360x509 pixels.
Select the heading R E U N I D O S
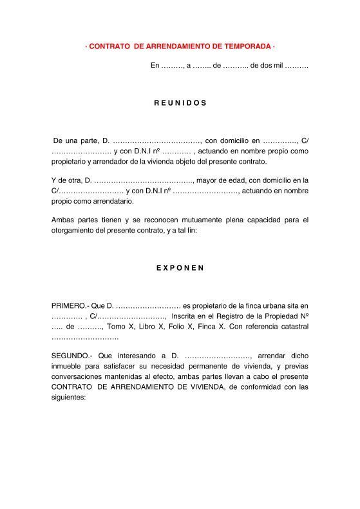180,102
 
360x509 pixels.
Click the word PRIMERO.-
68,305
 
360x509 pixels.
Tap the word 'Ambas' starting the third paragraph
62,220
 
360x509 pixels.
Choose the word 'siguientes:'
68,397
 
